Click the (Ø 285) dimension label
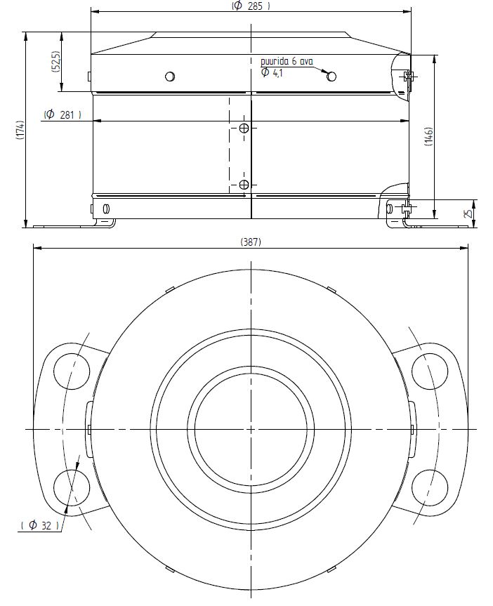click(x=251, y=6)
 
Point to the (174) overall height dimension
click(x=21, y=130)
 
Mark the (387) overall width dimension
click(x=251, y=242)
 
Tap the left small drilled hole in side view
click(x=169, y=77)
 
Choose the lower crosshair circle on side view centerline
click(x=244, y=185)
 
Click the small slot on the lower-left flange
click(x=106, y=209)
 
